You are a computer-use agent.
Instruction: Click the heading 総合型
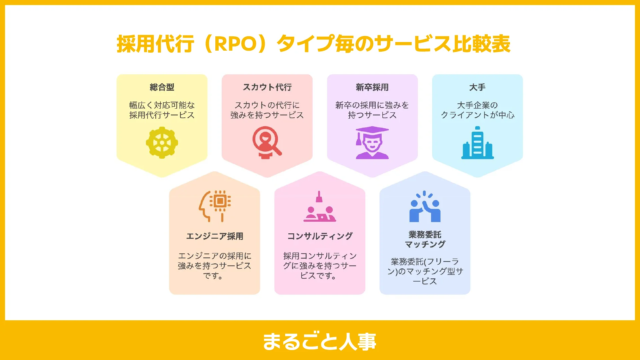click(x=162, y=87)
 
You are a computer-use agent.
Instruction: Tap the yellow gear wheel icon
click(x=162, y=143)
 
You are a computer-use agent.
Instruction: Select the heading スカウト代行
click(x=267, y=87)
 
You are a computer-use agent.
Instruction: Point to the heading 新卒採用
click(x=372, y=87)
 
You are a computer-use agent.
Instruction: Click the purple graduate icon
click(x=372, y=143)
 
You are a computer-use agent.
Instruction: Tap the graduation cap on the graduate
click(x=372, y=131)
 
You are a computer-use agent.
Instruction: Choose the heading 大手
click(x=477, y=87)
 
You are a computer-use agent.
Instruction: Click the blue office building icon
click(x=477, y=143)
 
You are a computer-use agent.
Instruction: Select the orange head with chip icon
click(x=215, y=206)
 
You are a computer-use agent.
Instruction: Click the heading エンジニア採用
click(x=215, y=236)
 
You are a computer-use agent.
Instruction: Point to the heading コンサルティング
click(x=320, y=236)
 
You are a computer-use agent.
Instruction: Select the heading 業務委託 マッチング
click(x=425, y=239)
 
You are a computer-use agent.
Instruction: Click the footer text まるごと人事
click(x=319, y=341)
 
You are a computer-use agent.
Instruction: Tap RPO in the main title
click(x=235, y=44)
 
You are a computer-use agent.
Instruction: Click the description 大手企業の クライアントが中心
click(x=477, y=110)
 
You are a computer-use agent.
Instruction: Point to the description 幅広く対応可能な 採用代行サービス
click(x=162, y=110)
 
